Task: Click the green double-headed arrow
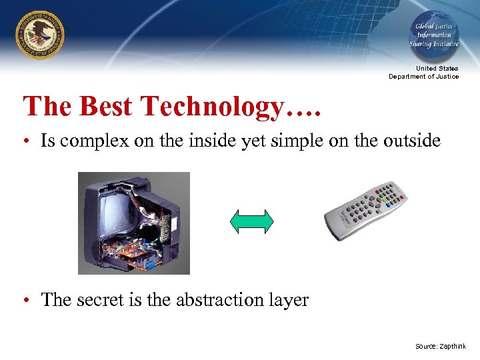[251, 221]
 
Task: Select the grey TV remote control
[365, 211]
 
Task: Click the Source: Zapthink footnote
[440, 347]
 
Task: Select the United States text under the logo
[437, 69]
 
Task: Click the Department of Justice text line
[424, 77]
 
